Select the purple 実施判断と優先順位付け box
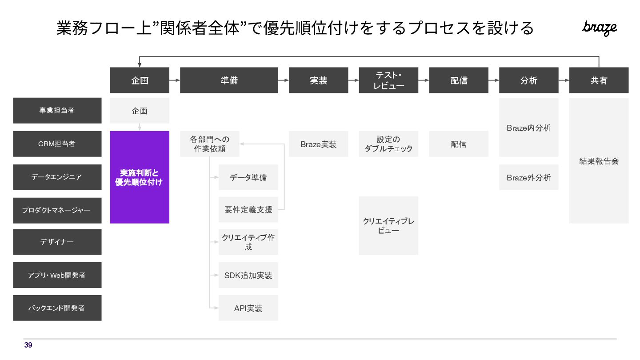coord(140,177)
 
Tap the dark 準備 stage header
coord(229,80)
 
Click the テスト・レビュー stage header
coord(388,80)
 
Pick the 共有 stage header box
coord(599,80)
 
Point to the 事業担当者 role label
coord(57,111)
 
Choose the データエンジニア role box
coord(57,177)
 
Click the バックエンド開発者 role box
coord(57,308)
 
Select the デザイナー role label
coord(57,242)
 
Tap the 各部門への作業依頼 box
coord(210,144)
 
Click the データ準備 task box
coord(248,177)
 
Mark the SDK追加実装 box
coord(248,275)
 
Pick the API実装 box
coord(248,308)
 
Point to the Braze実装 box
coord(318,144)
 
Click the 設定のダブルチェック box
coord(388,144)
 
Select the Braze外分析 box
coord(528,177)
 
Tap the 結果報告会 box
coord(599,161)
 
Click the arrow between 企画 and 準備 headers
coord(175,80)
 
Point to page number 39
coord(28,345)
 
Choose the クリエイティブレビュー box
coord(388,226)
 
